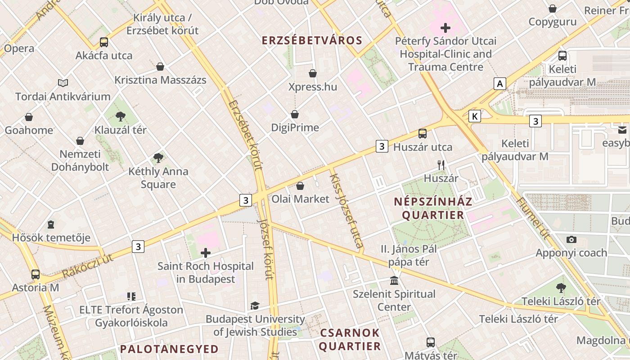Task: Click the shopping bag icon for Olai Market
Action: coord(300,186)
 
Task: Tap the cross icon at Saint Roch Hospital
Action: coord(206,253)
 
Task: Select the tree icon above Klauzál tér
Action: coord(120,117)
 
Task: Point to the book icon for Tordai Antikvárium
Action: coord(63,83)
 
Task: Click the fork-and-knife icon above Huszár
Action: coord(441,165)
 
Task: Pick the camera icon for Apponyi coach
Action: coord(571,239)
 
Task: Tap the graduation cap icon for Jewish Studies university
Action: coord(255,306)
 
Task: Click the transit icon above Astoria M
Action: coord(36,274)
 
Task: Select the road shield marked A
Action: coord(499,84)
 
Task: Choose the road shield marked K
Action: coord(474,117)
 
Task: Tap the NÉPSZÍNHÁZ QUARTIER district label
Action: coord(433,208)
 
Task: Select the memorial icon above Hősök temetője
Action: coord(51,224)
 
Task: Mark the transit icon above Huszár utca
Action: coord(422,133)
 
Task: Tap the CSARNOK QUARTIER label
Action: coord(350,339)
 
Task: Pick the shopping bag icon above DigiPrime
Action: coord(295,114)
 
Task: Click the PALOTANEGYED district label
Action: coord(169,349)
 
